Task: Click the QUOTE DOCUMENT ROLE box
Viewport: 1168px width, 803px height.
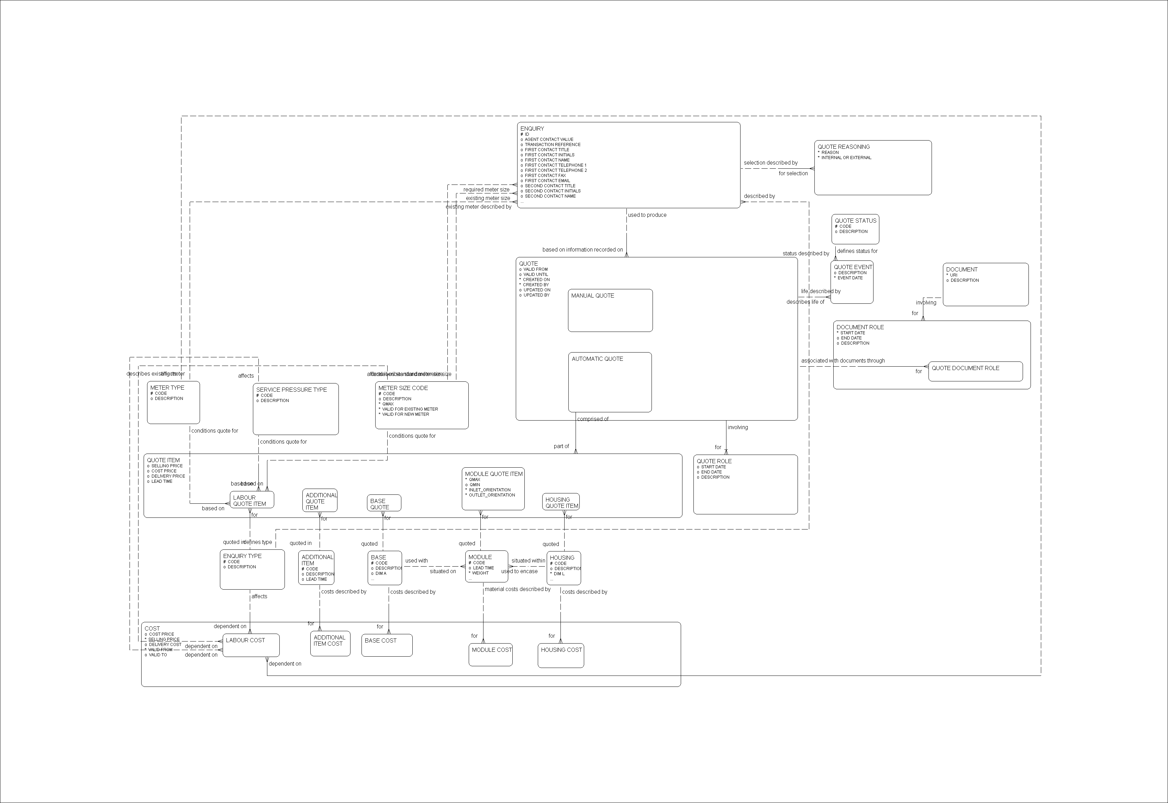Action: tap(975, 371)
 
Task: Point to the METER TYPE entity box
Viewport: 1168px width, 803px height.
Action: tap(173, 402)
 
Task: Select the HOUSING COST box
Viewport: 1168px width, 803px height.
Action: tap(560, 656)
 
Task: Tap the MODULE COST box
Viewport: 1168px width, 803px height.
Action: tap(491, 655)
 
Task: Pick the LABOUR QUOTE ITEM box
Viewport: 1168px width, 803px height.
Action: tap(252, 500)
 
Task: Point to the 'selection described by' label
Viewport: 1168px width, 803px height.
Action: tap(770, 163)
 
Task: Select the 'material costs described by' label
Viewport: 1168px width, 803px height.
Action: tap(517, 589)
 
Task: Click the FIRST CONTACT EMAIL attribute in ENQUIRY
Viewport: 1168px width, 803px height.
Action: tap(547, 181)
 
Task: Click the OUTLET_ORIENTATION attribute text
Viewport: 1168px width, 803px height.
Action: tap(492, 495)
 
